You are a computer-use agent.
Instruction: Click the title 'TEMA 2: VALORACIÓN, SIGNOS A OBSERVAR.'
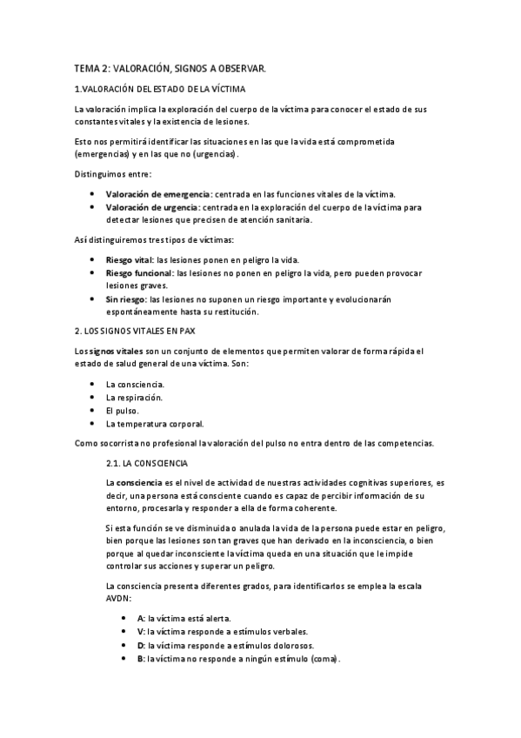click(170, 67)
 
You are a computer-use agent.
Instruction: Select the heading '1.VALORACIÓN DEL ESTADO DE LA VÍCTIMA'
click(160, 89)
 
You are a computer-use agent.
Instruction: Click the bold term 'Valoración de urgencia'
click(152, 207)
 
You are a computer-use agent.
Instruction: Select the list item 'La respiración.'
click(134, 397)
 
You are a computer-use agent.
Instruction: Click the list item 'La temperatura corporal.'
click(154, 424)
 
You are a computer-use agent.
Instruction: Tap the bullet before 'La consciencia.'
click(93, 384)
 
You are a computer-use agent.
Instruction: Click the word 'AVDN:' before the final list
click(117, 600)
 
